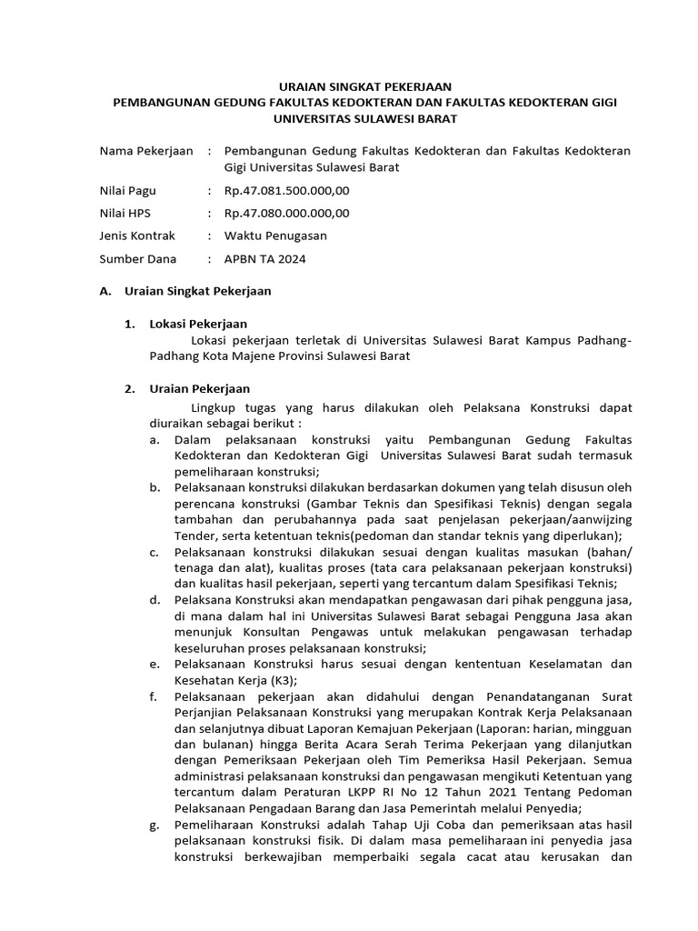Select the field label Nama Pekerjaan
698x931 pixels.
pos(145,151)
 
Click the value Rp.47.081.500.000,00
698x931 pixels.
pos(286,191)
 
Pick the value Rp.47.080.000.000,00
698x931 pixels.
pos(286,214)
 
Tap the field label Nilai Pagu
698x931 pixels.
pos(127,191)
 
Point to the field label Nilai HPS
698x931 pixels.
pos(125,214)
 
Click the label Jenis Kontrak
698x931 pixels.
pos(136,236)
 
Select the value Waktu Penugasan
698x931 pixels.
pos(275,236)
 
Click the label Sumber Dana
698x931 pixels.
pos(135,259)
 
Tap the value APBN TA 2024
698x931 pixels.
pos(264,259)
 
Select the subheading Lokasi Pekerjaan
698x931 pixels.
pos(197,324)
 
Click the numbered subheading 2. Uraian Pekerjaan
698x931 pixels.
pos(186,389)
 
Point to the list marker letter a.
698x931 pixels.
pos(154,439)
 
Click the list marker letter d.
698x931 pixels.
pos(154,600)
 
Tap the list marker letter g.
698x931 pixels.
pos(154,826)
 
